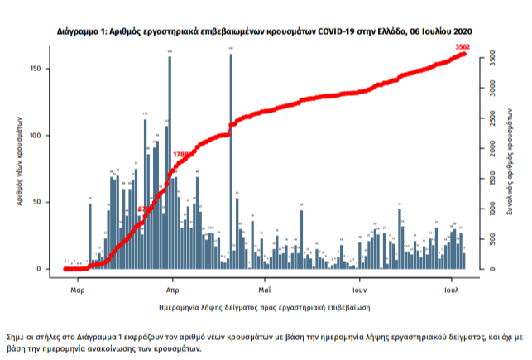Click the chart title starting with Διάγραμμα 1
[266, 30]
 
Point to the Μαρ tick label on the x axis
[77, 290]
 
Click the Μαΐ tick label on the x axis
[265, 290]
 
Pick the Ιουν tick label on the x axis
[357, 290]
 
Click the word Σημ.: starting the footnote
[17, 338]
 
